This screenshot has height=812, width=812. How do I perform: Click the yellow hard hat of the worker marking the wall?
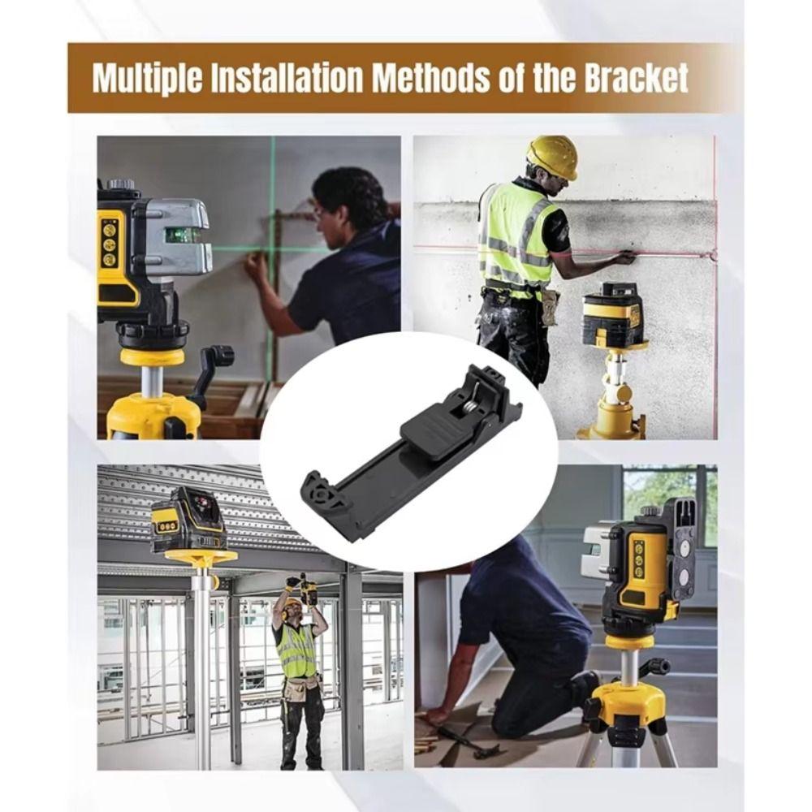tap(551, 156)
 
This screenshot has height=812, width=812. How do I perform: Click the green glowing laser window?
tap(180, 235)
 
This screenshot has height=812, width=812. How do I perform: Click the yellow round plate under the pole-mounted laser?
tap(201, 557)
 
